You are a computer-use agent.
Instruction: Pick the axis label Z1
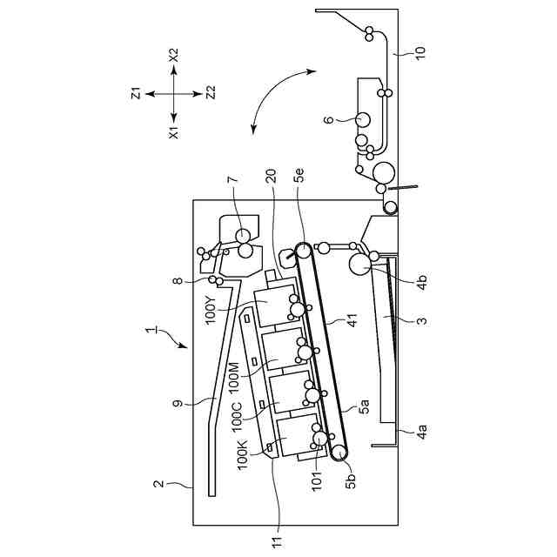tap(136, 93)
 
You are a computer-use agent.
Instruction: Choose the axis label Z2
tap(211, 93)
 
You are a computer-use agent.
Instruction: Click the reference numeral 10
tap(420, 52)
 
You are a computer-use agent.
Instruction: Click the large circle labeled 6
tap(362, 119)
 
